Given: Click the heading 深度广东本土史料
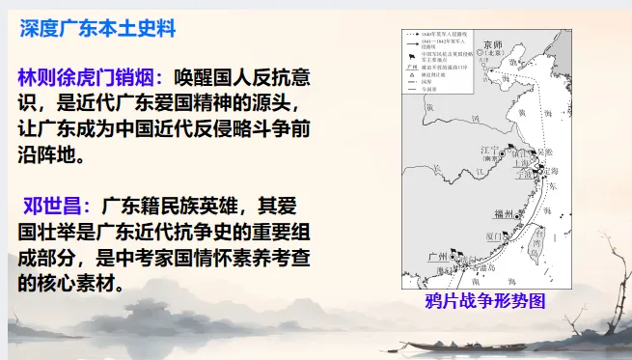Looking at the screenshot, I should coord(98,29).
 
